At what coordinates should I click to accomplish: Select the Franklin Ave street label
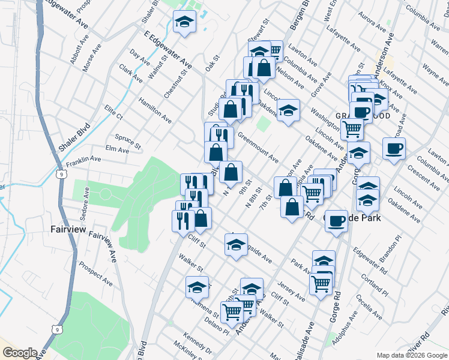(83, 160)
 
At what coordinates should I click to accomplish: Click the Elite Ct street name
(113, 112)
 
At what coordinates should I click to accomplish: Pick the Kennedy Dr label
(197, 344)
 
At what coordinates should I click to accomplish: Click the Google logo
(19, 353)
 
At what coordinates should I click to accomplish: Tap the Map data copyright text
(411, 355)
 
